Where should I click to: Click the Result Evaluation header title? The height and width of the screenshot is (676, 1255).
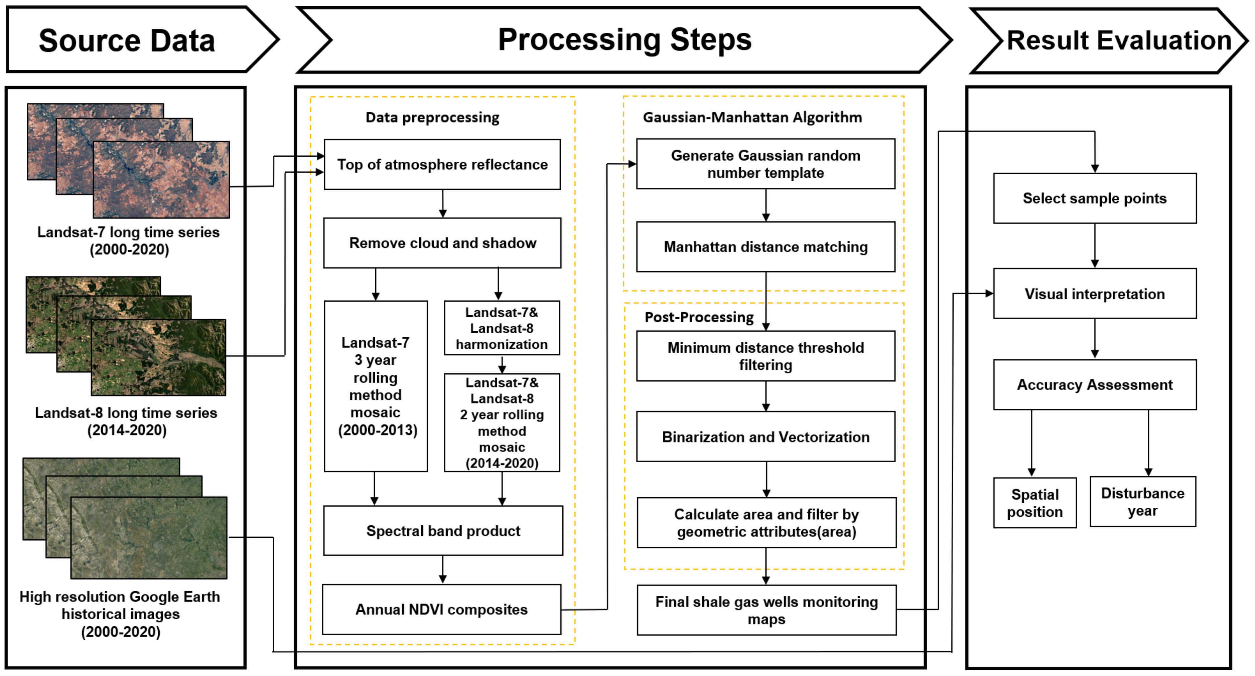(1119, 40)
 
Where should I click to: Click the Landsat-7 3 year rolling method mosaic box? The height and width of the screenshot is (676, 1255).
(376, 386)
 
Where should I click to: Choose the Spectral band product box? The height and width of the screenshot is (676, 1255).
(443, 530)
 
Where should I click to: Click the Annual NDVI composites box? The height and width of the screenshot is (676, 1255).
(441, 609)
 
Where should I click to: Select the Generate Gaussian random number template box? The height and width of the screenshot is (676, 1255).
(765, 164)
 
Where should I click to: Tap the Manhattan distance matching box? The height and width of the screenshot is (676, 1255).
(765, 247)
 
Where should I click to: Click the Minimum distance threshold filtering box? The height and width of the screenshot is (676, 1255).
(765, 356)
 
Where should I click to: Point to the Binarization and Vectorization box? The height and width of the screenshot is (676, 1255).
(765, 437)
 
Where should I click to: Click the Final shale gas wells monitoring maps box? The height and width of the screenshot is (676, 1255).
(766, 610)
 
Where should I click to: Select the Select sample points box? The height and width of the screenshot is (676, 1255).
(1094, 198)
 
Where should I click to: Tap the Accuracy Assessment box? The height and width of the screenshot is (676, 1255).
(1094, 385)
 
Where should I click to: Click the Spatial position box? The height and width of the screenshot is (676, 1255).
(1035, 503)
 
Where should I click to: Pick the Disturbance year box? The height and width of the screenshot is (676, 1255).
(1142, 502)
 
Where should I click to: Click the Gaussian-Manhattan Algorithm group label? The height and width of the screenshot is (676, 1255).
(752, 117)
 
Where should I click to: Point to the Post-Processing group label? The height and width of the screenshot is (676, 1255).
(699, 317)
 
